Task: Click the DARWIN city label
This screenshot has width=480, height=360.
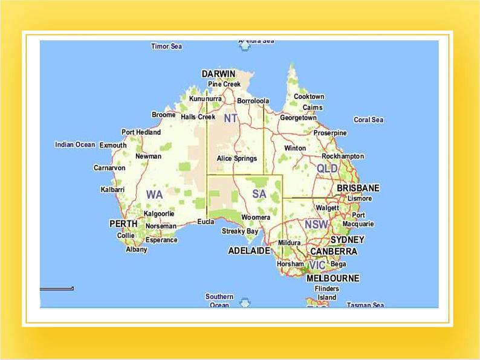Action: coord(218,74)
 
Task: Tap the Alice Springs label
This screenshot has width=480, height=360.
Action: coord(237,158)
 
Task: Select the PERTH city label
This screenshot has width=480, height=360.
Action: coord(123,223)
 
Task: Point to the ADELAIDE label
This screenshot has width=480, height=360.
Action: coord(249,251)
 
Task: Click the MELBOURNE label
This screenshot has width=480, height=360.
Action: coord(332,278)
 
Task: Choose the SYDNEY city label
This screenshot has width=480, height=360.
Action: coord(348,240)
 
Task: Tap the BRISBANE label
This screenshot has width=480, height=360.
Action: coord(358,188)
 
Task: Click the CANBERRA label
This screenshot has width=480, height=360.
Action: coord(333,251)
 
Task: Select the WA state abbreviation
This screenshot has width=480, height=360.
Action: coord(154,194)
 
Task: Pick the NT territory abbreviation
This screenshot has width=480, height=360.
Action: coord(230,118)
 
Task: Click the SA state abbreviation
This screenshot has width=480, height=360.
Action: coord(259,194)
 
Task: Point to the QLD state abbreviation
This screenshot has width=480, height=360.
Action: coord(327,169)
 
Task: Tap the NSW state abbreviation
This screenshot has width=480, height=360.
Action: coord(316,224)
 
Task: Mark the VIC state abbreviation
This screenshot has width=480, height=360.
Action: coord(317,265)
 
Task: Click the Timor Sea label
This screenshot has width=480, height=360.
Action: coord(166,47)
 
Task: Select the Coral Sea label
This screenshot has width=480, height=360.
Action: coord(368,120)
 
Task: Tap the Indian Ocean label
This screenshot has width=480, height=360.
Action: coord(75,144)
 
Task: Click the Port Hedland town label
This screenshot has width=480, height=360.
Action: coord(141,132)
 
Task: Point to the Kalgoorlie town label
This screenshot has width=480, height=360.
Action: coord(159,213)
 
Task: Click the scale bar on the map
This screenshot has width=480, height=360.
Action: coord(57,289)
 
